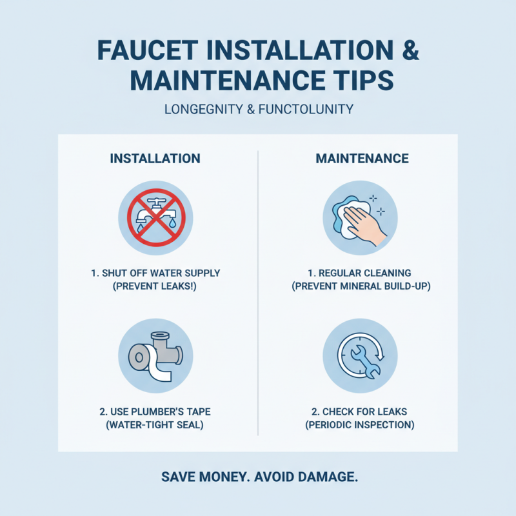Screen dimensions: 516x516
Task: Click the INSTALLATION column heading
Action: [x=155, y=159]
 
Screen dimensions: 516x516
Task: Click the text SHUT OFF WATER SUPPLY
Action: [x=161, y=273]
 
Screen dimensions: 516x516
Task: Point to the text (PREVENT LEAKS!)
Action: [x=155, y=286]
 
